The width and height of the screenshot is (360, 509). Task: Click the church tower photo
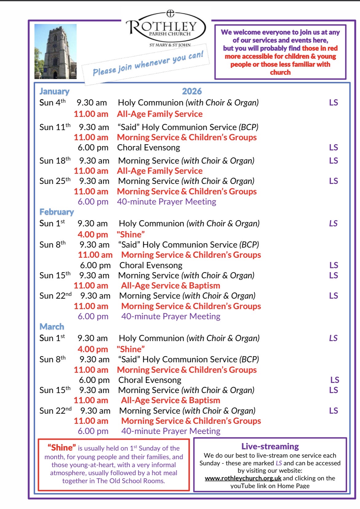55,52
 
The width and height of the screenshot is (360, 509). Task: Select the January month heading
54,91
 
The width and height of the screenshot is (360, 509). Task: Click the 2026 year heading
192,91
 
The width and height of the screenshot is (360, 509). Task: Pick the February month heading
57,212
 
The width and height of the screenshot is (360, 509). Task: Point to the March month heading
52,327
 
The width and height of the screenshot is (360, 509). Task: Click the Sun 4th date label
52,102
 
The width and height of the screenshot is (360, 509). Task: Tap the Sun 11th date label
55,127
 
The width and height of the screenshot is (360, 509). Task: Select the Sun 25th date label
55,181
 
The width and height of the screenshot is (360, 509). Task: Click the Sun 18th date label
55,161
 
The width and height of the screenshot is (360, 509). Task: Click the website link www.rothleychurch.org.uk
243,478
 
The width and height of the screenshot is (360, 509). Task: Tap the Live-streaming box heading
270,446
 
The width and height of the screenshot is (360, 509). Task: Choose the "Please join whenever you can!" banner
148,64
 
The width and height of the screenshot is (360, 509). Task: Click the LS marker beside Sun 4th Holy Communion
334,103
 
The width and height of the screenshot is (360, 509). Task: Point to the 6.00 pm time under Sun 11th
93,148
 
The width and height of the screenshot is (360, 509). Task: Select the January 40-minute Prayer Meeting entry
167,202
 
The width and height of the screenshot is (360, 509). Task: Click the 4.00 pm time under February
93,235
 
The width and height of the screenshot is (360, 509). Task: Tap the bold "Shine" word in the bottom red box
61,447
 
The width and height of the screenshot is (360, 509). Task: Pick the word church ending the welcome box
280,72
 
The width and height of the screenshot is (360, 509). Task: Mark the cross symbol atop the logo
170,13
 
